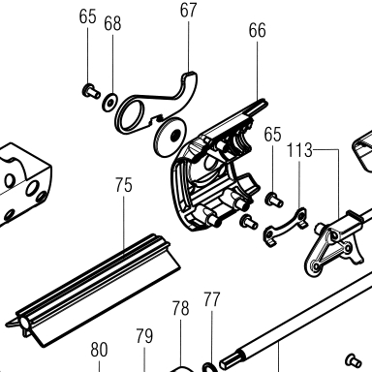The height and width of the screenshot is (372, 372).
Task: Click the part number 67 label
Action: click(x=188, y=10)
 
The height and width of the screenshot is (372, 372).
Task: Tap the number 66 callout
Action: click(x=258, y=30)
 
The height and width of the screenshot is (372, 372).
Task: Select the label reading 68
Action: click(x=112, y=23)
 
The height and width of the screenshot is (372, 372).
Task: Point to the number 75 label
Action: click(x=124, y=185)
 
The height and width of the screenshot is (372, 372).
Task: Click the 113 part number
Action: click(x=299, y=150)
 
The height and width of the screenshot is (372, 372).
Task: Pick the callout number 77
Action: click(x=212, y=299)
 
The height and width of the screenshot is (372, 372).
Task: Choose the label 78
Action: click(x=180, y=308)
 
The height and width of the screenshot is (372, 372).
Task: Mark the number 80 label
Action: click(x=99, y=350)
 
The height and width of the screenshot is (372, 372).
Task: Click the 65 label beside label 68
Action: click(x=88, y=16)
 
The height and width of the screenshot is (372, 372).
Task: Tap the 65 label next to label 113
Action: click(x=272, y=135)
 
